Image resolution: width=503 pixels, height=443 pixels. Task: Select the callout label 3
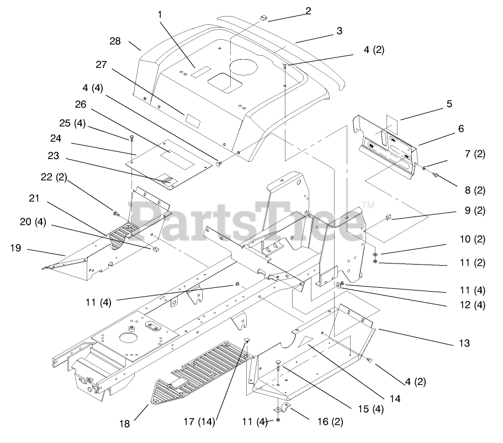(340, 31)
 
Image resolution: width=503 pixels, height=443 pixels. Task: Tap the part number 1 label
(160, 14)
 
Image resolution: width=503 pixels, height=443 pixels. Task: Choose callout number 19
(15, 249)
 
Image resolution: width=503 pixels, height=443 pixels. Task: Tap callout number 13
(464, 344)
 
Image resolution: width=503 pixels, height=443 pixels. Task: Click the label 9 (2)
(475, 210)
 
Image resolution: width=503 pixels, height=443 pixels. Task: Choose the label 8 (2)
(475, 191)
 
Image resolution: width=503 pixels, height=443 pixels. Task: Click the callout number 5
(449, 103)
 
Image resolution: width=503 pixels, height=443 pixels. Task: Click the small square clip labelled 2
(262, 18)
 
